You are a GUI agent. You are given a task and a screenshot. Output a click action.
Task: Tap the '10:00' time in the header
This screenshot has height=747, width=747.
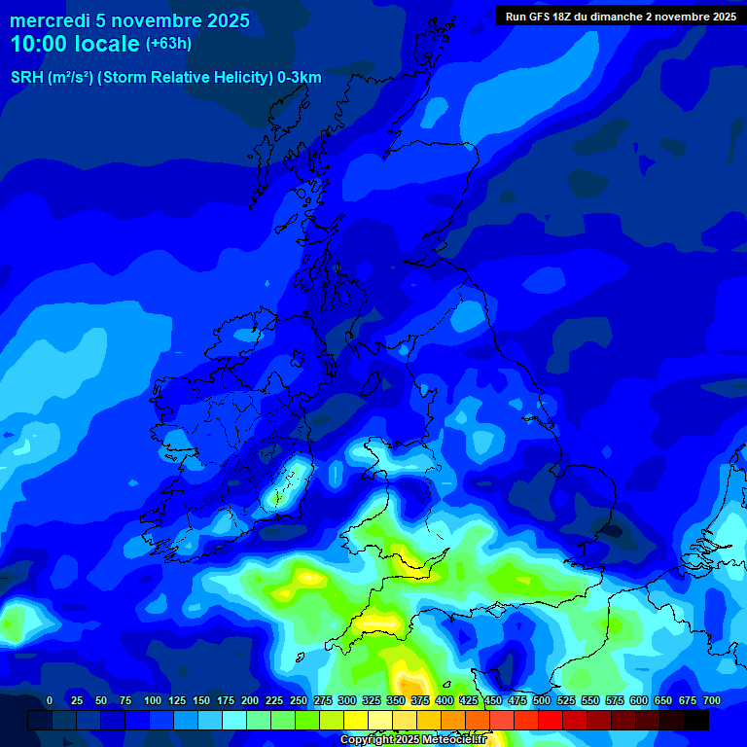[x=40, y=44]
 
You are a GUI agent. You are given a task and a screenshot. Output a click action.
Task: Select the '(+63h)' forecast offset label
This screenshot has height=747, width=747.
[x=169, y=44]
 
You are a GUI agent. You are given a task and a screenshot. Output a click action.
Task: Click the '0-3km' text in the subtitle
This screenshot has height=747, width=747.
[x=300, y=77]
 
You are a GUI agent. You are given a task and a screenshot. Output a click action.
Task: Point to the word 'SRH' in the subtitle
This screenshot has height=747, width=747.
[x=26, y=77]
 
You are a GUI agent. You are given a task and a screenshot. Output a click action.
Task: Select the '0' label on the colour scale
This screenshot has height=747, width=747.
[x=50, y=701]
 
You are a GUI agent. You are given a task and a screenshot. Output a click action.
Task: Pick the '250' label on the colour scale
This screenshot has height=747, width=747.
[x=298, y=701]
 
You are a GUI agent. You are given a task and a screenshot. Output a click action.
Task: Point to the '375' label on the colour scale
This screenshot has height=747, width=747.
[x=419, y=701]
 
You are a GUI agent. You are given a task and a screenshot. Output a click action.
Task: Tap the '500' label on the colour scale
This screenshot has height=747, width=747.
[x=541, y=701]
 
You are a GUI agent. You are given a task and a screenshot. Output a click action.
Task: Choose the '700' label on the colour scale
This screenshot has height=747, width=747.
[x=711, y=701]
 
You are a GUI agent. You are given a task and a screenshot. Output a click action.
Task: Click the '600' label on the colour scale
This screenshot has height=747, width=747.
[x=638, y=701]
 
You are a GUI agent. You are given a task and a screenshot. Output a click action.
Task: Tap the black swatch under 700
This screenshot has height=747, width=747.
[x=695, y=720]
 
